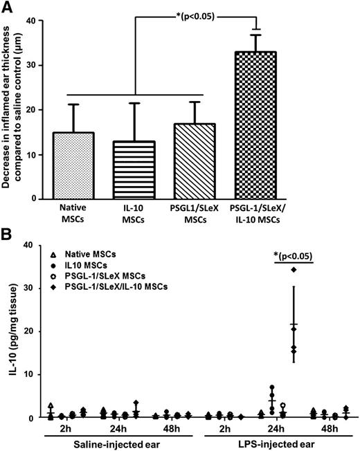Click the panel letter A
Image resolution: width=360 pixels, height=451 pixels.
[9, 8]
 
